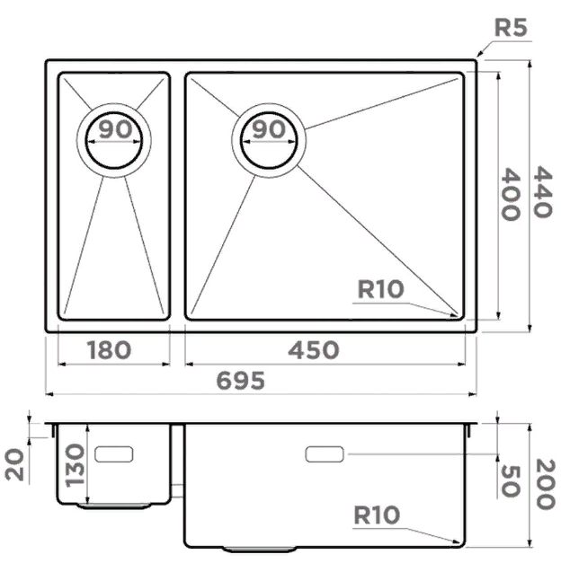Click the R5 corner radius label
point(511,28)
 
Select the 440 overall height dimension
point(542,192)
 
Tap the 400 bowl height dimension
point(511,194)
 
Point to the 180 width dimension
point(109,350)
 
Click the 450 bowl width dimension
point(313,350)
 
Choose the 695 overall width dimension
point(240,381)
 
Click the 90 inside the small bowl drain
point(115,129)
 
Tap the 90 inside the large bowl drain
point(269,129)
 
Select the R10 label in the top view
point(381,289)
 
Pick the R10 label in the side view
point(377,515)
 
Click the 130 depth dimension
point(76,465)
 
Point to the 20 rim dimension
point(14,464)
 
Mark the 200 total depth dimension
point(545,484)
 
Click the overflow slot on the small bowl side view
point(113,454)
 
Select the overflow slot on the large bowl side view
point(325,454)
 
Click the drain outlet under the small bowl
point(113,506)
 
